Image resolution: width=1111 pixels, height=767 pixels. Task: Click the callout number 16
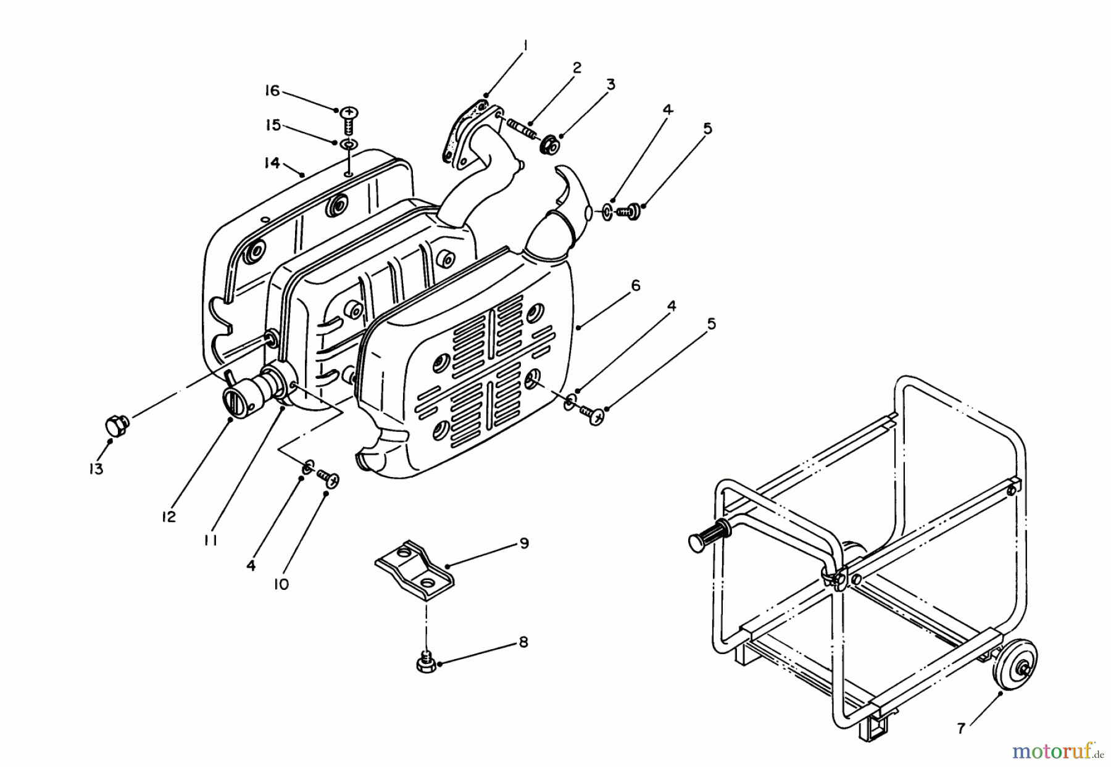[x=272, y=91]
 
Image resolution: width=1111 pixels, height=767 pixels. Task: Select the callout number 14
[x=272, y=163]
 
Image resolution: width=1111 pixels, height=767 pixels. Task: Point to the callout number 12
[x=169, y=516]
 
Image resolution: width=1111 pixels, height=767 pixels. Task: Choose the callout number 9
[x=524, y=543]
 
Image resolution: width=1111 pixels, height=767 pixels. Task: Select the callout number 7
[x=960, y=729]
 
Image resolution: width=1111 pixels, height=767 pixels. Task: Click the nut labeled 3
[x=548, y=147]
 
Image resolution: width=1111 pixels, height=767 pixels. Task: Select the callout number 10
[x=281, y=584]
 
